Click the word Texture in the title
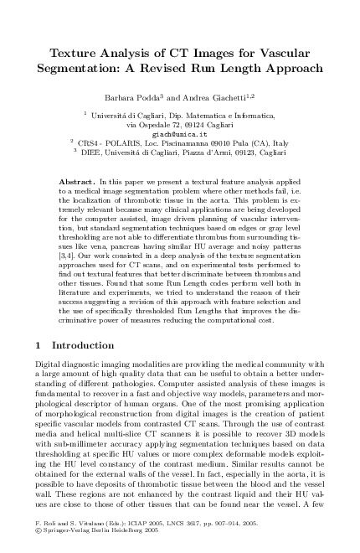(x=53, y=54)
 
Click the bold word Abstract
(x=77, y=181)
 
